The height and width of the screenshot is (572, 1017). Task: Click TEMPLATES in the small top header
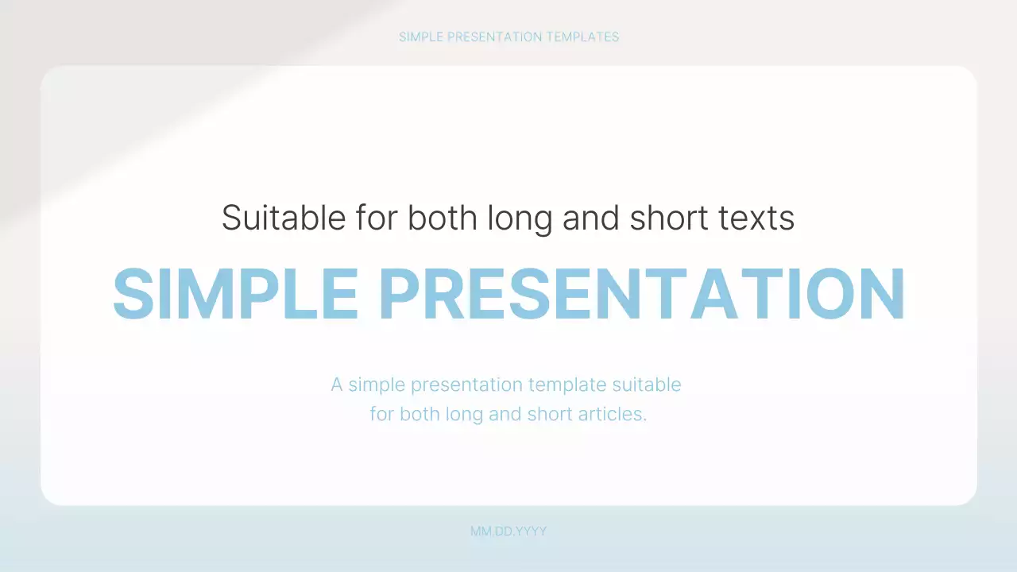pyautogui.click(x=582, y=37)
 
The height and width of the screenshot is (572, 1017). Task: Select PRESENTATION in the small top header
pyautogui.click(x=493, y=37)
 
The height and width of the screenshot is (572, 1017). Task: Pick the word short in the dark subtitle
pyautogui.click(x=666, y=218)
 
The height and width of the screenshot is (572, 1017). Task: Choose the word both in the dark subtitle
pyautogui.click(x=443, y=218)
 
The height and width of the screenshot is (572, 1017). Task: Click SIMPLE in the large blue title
pyautogui.click(x=236, y=294)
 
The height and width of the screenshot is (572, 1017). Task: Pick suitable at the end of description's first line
pyautogui.click(x=647, y=385)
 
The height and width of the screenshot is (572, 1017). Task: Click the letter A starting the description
pyautogui.click(x=337, y=385)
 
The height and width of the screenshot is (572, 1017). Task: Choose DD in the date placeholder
pyautogui.click(x=504, y=531)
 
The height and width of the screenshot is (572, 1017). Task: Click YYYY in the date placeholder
pyautogui.click(x=532, y=531)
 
